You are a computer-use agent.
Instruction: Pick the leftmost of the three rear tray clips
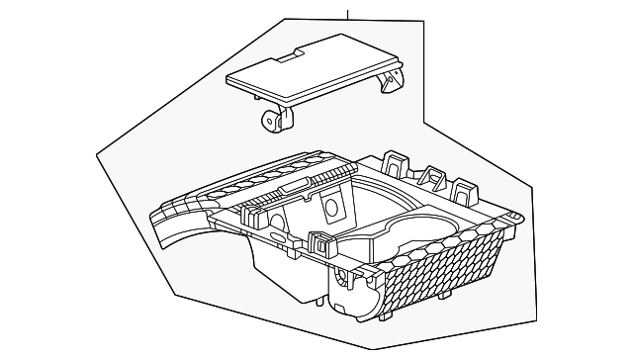(396, 163)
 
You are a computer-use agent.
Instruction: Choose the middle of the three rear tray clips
(431, 176)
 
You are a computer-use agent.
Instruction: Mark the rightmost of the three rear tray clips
(463, 188)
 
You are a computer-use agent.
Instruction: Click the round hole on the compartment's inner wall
(329, 209)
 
